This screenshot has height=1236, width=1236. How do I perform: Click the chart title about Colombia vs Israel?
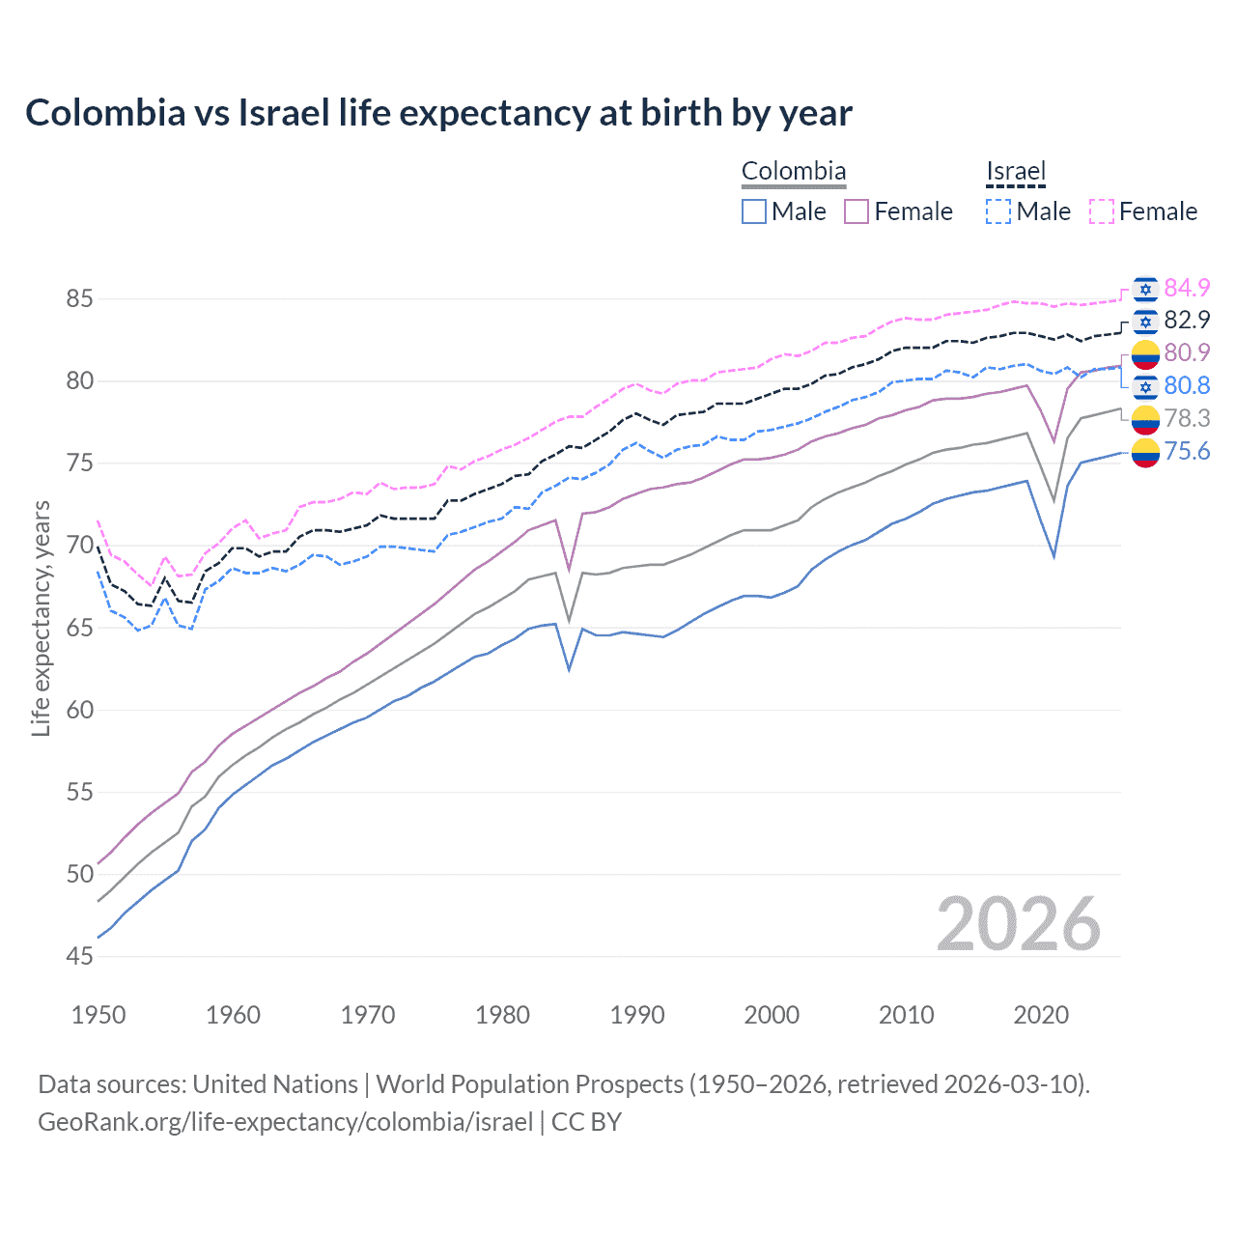tap(438, 113)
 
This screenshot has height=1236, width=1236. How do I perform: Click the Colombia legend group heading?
tap(793, 171)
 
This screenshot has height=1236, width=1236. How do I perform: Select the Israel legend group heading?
tap(1015, 171)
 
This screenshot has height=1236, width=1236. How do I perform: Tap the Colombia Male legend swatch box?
tap(754, 211)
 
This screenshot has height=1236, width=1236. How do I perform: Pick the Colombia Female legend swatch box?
tap(857, 211)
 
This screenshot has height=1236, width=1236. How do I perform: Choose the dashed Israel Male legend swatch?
tap(998, 211)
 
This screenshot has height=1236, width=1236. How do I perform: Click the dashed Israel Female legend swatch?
tap(1102, 211)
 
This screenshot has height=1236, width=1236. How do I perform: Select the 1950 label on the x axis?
tap(98, 1015)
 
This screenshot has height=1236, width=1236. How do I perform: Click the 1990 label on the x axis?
tap(637, 1015)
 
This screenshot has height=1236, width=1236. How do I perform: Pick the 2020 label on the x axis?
tap(1041, 1015)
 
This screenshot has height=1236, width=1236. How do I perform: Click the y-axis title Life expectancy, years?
tap(41, 618)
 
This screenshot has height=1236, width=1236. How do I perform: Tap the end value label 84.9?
tap(1187, 288)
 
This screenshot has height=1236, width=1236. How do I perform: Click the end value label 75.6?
tap(1187, 451)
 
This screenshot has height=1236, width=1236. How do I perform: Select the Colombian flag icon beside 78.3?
tap(1145, 419)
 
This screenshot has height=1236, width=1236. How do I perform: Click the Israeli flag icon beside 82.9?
tap(1145, 321)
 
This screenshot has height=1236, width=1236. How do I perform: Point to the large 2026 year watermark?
tap(1018, 924)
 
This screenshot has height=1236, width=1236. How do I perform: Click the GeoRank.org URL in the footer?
tap(285, 1122)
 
